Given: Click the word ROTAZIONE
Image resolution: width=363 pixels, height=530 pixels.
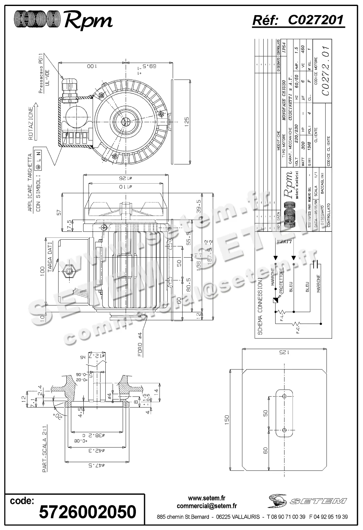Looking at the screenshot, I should [x=31, y=123].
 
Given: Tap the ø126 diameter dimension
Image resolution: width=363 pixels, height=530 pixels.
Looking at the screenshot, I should [x=126, y=177].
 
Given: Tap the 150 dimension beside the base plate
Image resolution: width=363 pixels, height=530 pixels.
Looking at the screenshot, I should [x=227, y=418].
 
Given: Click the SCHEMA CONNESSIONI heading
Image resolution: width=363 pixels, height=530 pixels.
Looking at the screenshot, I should [x=260, y=305].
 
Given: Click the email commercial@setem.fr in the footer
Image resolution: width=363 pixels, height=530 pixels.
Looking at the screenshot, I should [x=207, y=506].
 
